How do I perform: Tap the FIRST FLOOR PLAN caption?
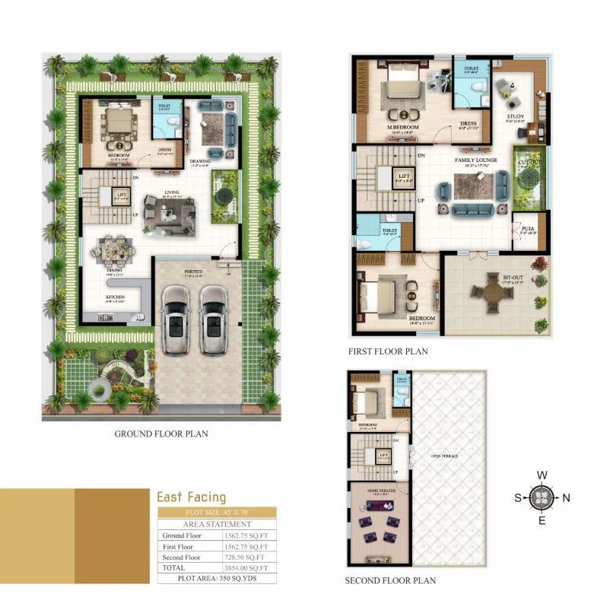pyautogui.click(x=388, y=351)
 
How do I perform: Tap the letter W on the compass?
pyautogui.click(x=542, y=475)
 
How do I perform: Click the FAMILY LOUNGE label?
pyautogui.click(x=476, y=160)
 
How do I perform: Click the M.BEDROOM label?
pyautogui.click(x=400, y=127)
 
